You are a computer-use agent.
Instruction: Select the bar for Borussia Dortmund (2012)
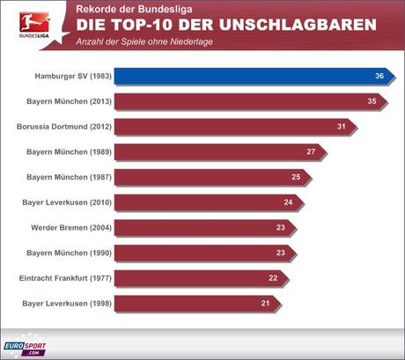click(233, 127)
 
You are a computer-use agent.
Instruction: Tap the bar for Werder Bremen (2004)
click(202, 227)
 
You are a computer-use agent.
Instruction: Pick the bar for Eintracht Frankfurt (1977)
click(199, 278)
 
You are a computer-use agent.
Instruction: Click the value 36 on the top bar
click(379, 77)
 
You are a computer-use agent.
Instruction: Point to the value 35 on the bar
click(372, 102)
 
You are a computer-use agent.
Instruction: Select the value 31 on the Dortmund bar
click(341, 127)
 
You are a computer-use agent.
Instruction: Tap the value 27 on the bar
click(311, 152)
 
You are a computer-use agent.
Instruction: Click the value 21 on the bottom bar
click(265, 304)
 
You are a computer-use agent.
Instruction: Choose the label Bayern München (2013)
click(69, 102)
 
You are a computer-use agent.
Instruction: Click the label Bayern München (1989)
click(69, 152)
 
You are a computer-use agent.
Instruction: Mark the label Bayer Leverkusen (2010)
click(67, 202)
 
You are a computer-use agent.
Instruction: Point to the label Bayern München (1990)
click(69, 253)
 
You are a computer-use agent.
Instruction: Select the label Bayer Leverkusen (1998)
click(67, 304)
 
